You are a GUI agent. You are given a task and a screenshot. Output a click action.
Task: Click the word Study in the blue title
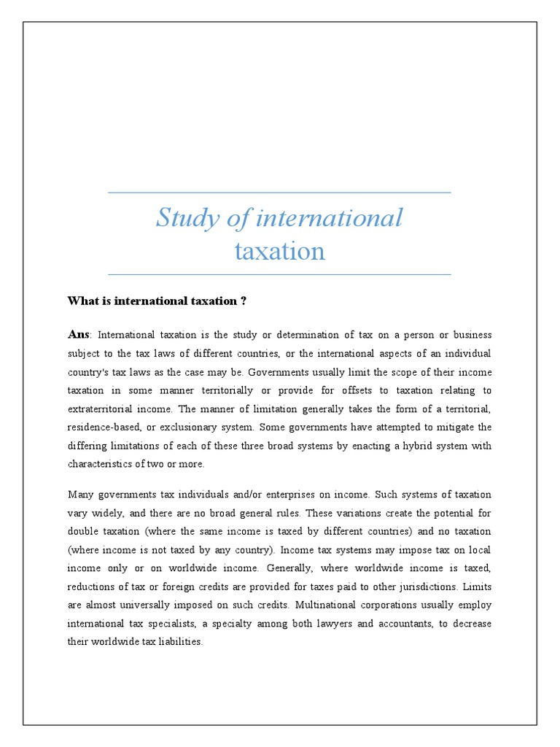pos(183,217)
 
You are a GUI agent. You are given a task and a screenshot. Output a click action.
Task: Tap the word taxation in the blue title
pos(279,251)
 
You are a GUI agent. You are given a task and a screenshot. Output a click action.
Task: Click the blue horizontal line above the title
pos(279,193)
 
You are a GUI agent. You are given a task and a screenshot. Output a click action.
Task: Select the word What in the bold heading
pos(82,301)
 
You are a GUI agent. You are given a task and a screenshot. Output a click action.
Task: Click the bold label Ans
pos(78,334)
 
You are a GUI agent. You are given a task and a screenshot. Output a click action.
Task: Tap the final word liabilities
pos(177,643)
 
